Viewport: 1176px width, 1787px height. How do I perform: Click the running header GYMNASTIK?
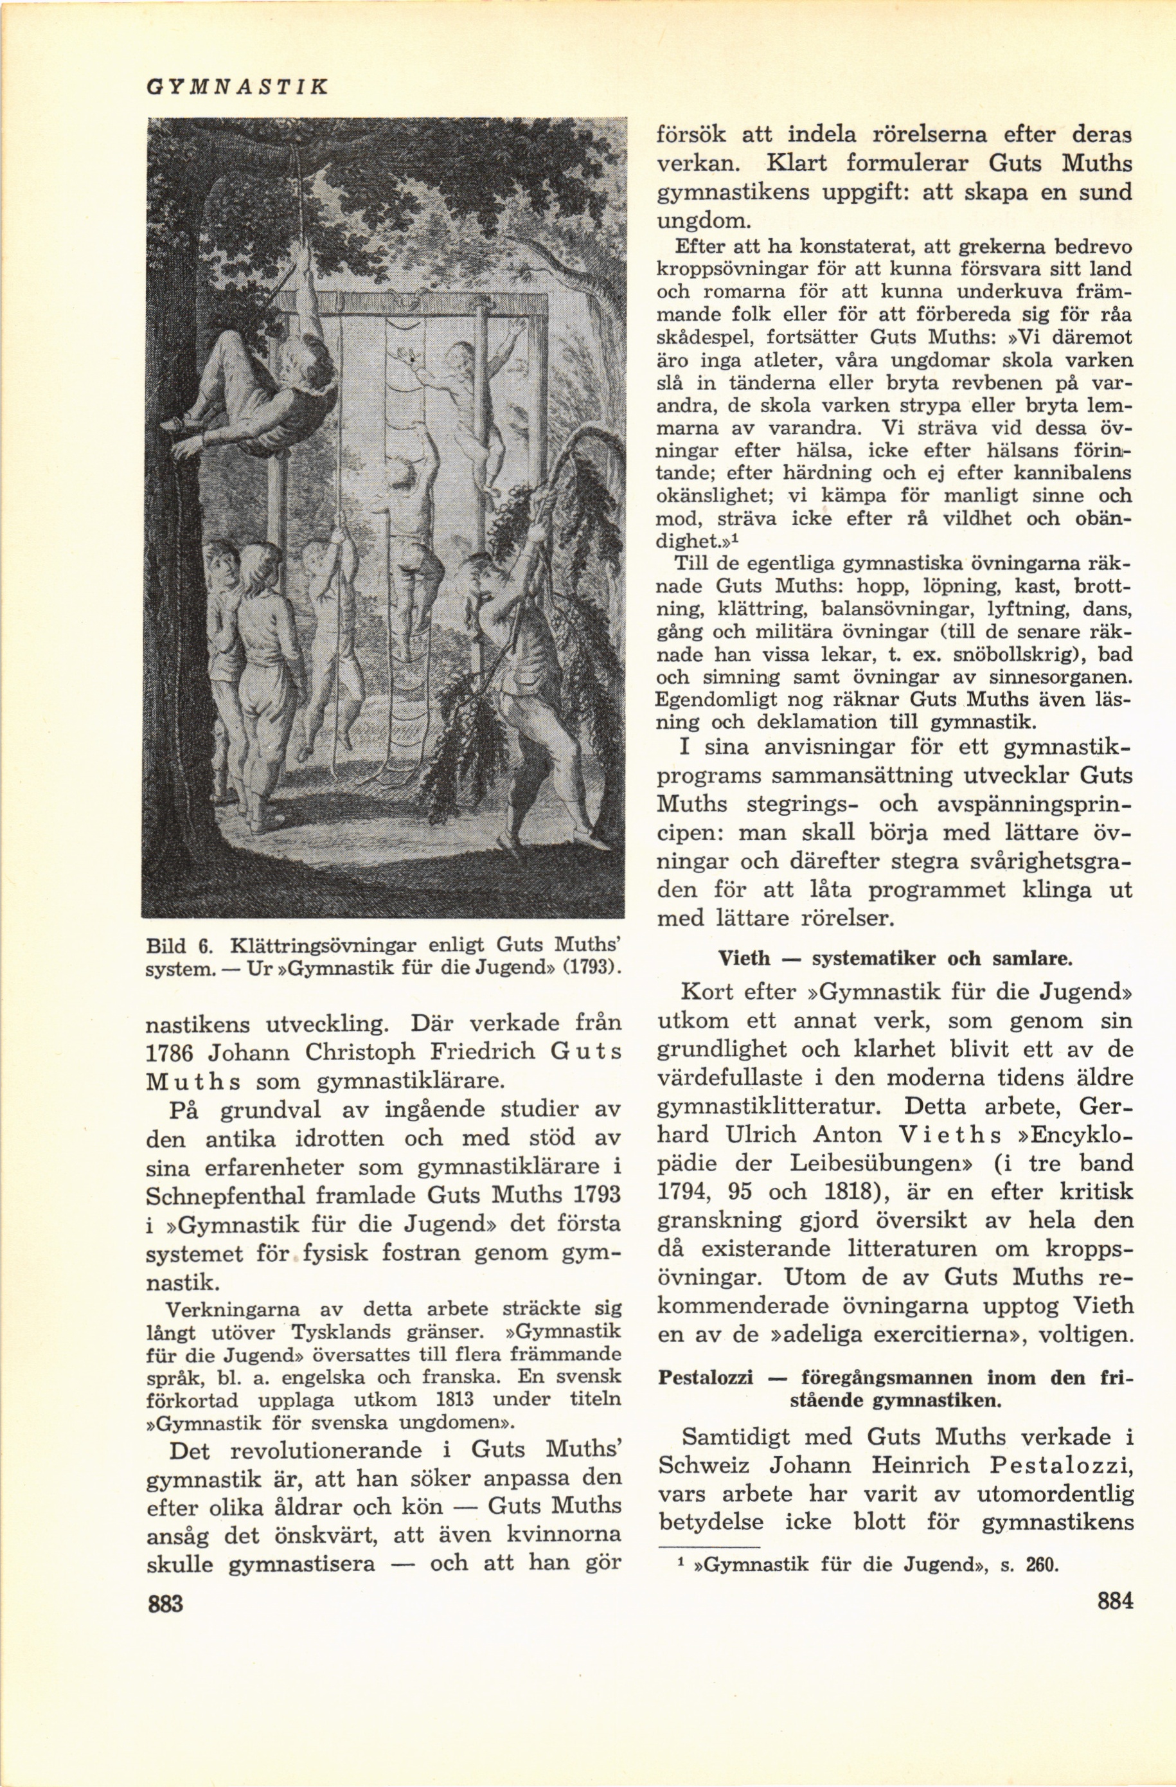236,87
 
